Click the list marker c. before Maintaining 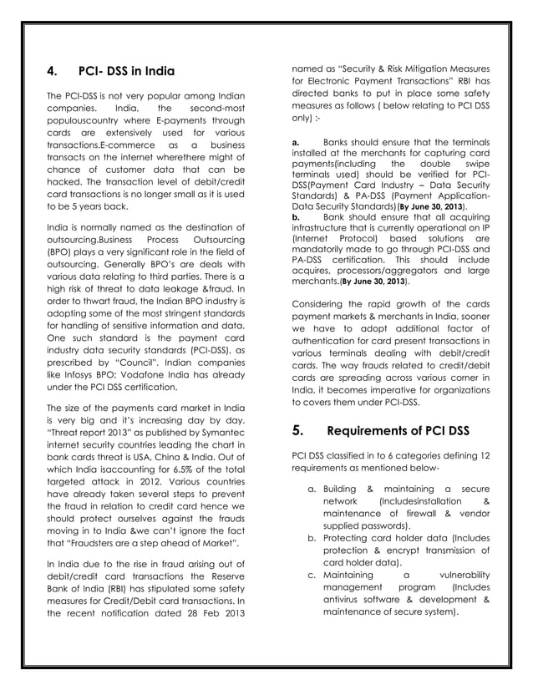click(312, 576)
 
